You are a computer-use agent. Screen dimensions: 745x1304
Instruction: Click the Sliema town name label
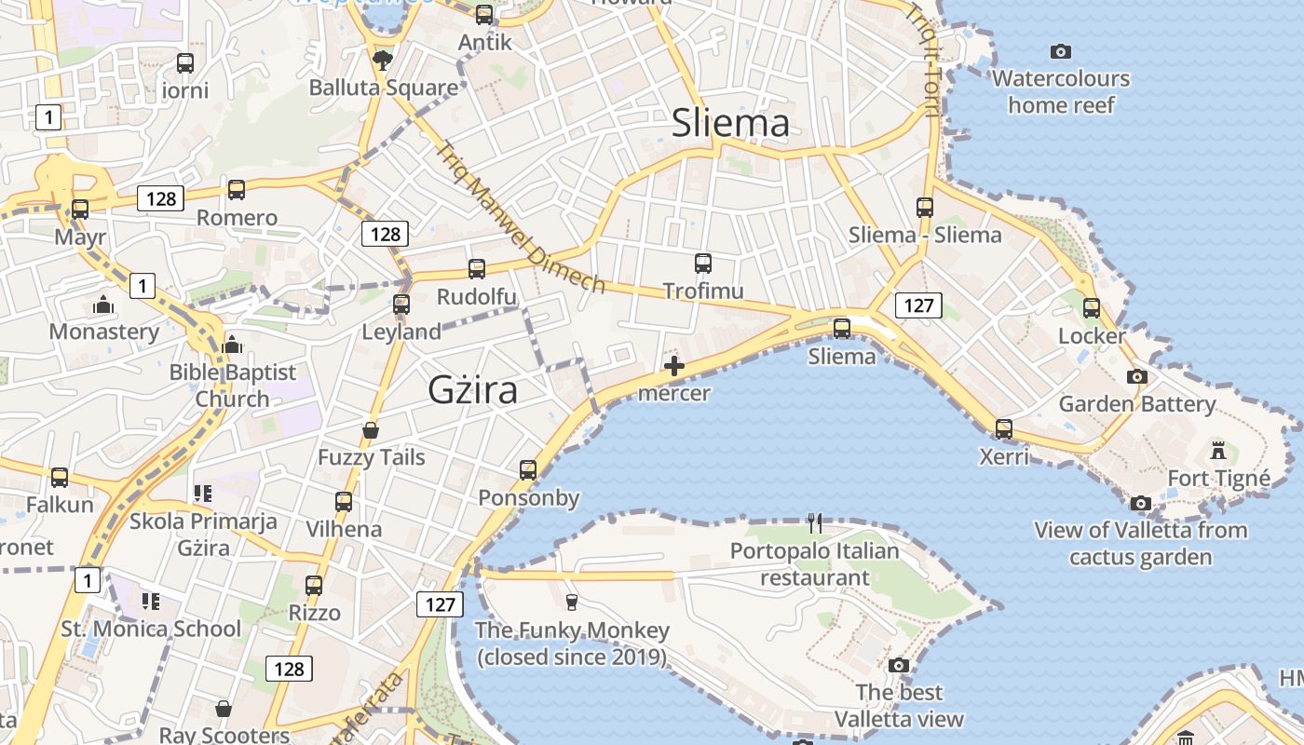(730, 123)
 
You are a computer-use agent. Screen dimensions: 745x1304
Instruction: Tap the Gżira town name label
(473, 390)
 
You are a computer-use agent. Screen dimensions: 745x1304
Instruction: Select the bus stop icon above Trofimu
(703, 264)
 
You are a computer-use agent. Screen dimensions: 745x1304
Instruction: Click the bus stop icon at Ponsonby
(528, 470)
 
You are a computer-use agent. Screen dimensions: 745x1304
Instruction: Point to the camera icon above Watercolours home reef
(1060, 51)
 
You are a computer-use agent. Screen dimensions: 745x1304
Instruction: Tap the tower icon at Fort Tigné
(1217, 452)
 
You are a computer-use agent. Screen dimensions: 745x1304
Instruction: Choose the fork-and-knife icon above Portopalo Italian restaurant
(815, 523)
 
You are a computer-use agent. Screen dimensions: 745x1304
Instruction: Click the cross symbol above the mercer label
(674, 367)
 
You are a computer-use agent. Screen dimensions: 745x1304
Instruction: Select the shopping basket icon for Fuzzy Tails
(371, 430)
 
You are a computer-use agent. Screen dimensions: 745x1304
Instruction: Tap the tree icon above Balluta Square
(382, 61)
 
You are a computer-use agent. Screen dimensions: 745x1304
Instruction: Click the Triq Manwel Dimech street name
(521, 217)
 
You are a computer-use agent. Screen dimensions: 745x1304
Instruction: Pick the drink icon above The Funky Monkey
(572, 603)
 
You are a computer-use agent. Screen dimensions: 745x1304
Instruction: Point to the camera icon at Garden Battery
(1136, 377)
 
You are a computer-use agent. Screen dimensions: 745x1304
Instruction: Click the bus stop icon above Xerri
(1004, 429)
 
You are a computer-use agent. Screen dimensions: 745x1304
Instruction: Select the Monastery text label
(104, 332)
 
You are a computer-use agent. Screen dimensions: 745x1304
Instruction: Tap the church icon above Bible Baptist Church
(232, 345)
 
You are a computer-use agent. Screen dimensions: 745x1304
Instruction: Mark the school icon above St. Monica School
(150, 602)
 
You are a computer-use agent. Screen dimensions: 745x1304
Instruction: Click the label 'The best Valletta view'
(899, 706)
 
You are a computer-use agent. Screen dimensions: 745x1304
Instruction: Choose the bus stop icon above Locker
(1092, 307)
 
